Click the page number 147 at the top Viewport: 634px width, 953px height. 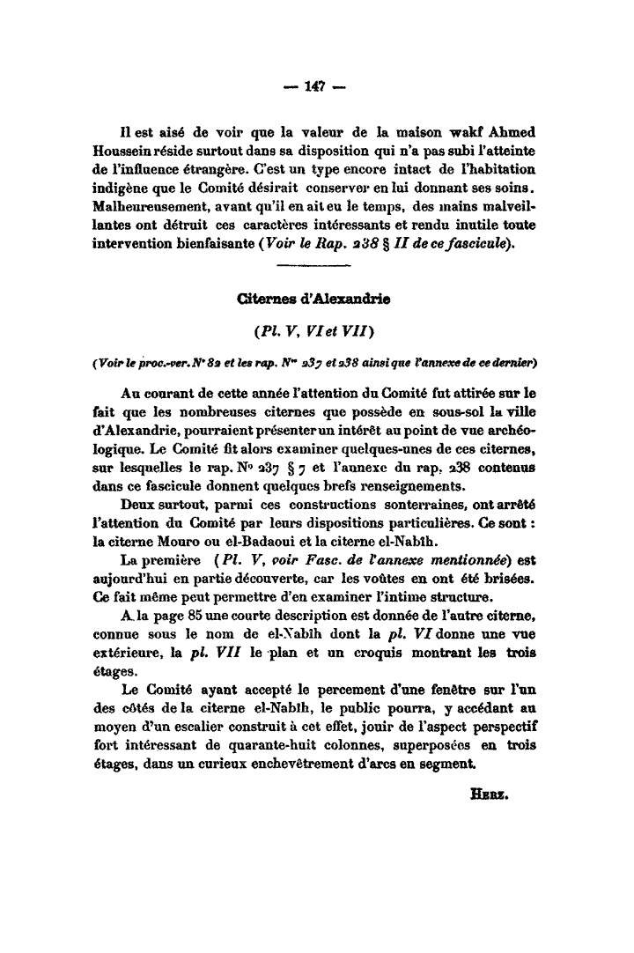(x=314, y=85)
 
